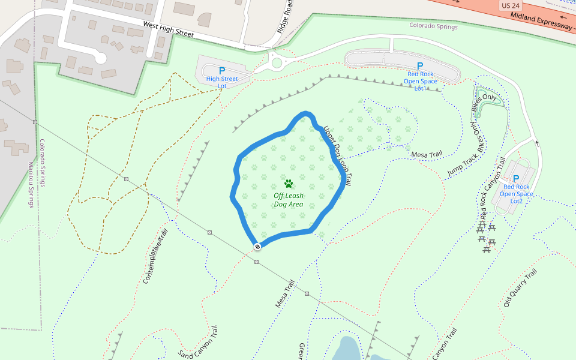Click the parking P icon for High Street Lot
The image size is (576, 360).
pos(222,71)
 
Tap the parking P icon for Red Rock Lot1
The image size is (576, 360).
pos(420,66)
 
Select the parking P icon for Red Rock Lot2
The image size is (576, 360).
pos(516,179)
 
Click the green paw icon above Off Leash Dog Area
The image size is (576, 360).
pos(289,184)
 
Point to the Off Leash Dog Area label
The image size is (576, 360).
pos(289,200)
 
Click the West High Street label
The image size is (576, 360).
pos(168,29)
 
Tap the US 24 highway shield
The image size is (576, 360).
pos(509,5)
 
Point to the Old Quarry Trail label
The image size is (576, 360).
pos(520,290)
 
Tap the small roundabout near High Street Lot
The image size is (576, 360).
pos(276,62)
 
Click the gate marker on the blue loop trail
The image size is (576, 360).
pos(257,246)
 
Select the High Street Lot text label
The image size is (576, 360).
pos(222,82)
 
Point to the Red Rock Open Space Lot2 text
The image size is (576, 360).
pos(516,193)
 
